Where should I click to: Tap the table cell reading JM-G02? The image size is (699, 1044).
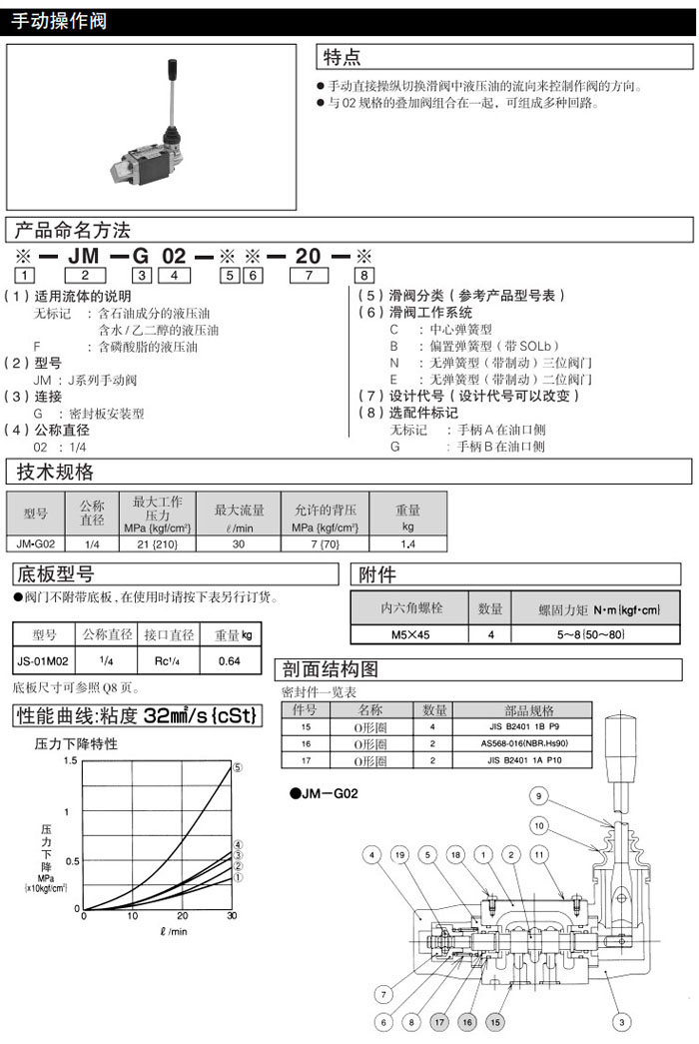[36, 543]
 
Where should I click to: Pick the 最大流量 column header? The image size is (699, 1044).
[239, 513]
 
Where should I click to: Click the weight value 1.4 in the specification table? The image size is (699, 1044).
[407, 543]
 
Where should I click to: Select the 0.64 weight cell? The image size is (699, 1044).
[230, 660]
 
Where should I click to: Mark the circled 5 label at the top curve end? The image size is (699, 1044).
[238, 767]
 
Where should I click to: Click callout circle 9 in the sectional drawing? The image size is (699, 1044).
[537, 796]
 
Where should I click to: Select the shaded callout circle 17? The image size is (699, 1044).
[440, 1022]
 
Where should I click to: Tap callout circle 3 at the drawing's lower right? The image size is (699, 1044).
[620, 1022]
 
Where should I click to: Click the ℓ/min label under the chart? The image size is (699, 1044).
[173, 931]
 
